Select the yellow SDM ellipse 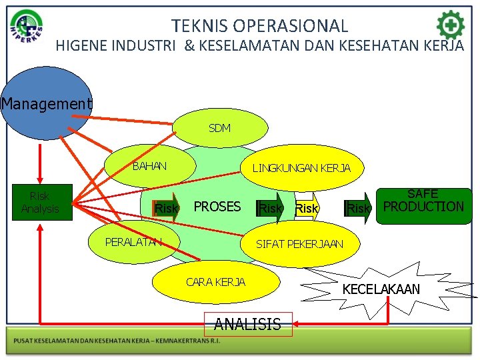click(x=219, y=128)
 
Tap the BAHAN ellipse click(x=149, y=166)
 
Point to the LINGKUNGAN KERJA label click(x=301, y=168)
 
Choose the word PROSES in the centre click(x=217, y=207)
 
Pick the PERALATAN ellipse click(x=133, y=241)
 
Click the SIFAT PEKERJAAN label click(x=299, y=244)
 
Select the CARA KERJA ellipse click(x=215, y=282)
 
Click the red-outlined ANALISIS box click(x=247, y=325)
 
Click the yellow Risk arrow click(x=307, y=209)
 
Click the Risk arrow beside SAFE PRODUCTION click(x=359, y=209)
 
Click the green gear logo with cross click(x=450, y=25)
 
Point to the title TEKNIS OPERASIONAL click(x=259, y=26)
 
